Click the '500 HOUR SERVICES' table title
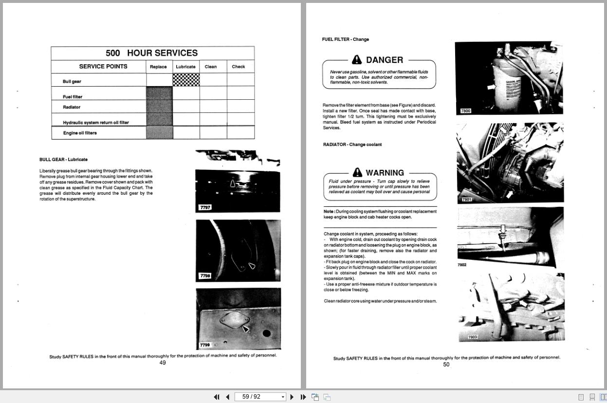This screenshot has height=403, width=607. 152,53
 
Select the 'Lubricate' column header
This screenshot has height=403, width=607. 185,67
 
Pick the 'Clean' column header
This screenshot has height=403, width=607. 211,67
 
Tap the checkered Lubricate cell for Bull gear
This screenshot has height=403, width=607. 186,80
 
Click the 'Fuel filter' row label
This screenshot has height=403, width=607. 73,97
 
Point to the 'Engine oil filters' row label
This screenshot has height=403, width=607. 80,133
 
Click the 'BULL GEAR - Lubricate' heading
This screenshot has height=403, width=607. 63,160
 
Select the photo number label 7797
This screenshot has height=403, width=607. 205,207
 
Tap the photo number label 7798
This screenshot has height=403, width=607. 205,276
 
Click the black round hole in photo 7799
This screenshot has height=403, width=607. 266,333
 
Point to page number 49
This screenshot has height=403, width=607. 163,363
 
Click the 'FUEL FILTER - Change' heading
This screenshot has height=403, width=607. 345,39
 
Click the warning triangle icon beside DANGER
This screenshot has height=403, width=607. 357,59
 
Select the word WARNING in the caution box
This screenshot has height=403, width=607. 385,173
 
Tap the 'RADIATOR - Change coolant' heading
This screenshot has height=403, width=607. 352,145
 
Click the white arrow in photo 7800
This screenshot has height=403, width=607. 491,87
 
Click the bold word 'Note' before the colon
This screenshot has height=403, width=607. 329,212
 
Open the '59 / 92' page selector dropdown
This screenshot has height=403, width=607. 283,397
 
